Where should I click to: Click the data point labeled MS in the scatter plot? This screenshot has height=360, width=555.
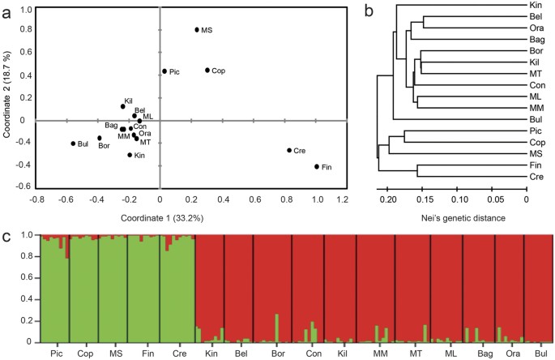coord(197,30)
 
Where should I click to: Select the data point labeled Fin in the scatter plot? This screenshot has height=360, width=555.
coord(316,167)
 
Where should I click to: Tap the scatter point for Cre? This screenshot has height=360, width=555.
coord(288,150)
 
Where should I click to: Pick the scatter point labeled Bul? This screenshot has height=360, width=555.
coord(73,144)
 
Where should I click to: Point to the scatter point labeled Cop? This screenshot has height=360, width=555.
coord(207,71)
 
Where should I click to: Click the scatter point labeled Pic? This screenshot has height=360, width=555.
coord(164,71)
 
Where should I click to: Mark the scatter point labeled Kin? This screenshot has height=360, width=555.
coord(130,155)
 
